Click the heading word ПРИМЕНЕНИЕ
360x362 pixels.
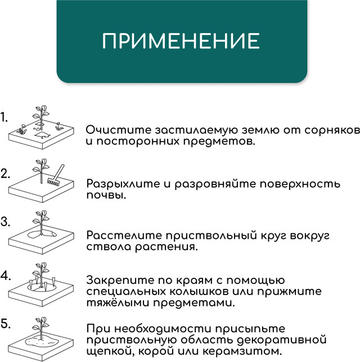click(x=181, y=41)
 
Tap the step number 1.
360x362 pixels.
click(x=4, y=117)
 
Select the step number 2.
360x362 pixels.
click(x=5, y=174)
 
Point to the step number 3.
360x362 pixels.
click(x=5, y=221)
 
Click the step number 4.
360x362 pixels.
click(x=6, y=275)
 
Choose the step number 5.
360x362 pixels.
click(x=6, y=324)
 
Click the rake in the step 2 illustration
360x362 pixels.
click(x=56, y=175)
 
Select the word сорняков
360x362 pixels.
click(x=332, y=130)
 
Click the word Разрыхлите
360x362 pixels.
click(x=123, y=184)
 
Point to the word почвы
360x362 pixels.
click(x=106, y=196)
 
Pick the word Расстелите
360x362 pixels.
click(x=124, y=236)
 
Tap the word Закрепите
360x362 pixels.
click(x=120, y=280)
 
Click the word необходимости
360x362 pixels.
click(x=163, y=328)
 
